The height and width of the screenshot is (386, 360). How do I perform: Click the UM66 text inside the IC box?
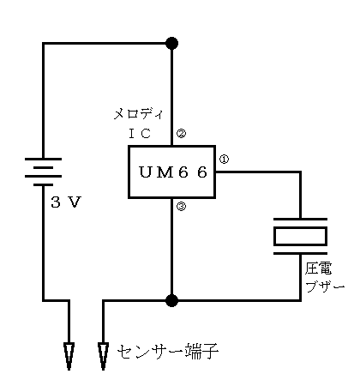point(173,172)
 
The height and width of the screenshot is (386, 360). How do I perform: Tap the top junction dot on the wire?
point(171,44)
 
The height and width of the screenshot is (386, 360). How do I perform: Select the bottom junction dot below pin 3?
point(171,300)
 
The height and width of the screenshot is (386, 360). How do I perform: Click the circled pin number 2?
point(181,133)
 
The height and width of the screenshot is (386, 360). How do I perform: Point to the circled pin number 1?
point(224,159)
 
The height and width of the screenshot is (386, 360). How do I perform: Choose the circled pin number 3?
point(181,206)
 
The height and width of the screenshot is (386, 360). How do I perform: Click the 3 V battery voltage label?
point(66,202)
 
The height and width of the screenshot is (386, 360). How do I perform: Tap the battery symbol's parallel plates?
point(43,172)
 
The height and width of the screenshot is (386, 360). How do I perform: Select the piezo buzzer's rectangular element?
point(300,236)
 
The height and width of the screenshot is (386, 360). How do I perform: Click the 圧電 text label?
point(318,268)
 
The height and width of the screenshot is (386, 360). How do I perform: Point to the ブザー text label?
point(325,286)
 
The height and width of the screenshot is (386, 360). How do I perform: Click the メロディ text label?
point(138,114)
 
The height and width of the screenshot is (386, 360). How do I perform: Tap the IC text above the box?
point(140,133)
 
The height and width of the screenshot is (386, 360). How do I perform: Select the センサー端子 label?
point(168,352)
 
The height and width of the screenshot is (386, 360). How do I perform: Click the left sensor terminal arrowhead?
point(69,356)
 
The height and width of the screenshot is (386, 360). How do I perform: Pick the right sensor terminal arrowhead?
point(103,356)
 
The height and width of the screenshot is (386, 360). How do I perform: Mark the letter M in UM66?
point(164,172)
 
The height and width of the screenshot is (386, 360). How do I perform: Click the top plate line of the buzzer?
point(300,220)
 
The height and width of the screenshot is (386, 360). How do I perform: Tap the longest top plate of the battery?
point(43,159)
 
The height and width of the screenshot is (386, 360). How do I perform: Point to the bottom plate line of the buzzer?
point(300,253)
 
